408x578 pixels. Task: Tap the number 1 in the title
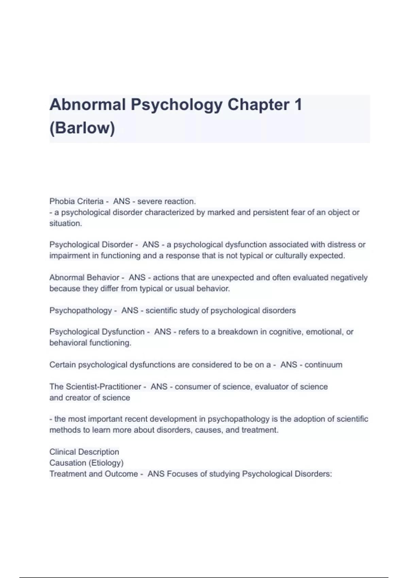tap(298, 104)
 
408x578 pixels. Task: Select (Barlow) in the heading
tap(82, 128)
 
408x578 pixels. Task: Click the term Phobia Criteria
tap(76, 201)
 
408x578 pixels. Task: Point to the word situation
tap(66, 223)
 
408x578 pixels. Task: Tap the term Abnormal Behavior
tap(84, 277)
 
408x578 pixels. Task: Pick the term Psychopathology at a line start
tap(81, 310)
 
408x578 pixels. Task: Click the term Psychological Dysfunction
tap(97, 331)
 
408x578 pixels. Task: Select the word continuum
tap(323, 365)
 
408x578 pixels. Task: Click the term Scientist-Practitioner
tap(103, 387)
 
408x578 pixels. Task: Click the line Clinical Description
tap(84, 452)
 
